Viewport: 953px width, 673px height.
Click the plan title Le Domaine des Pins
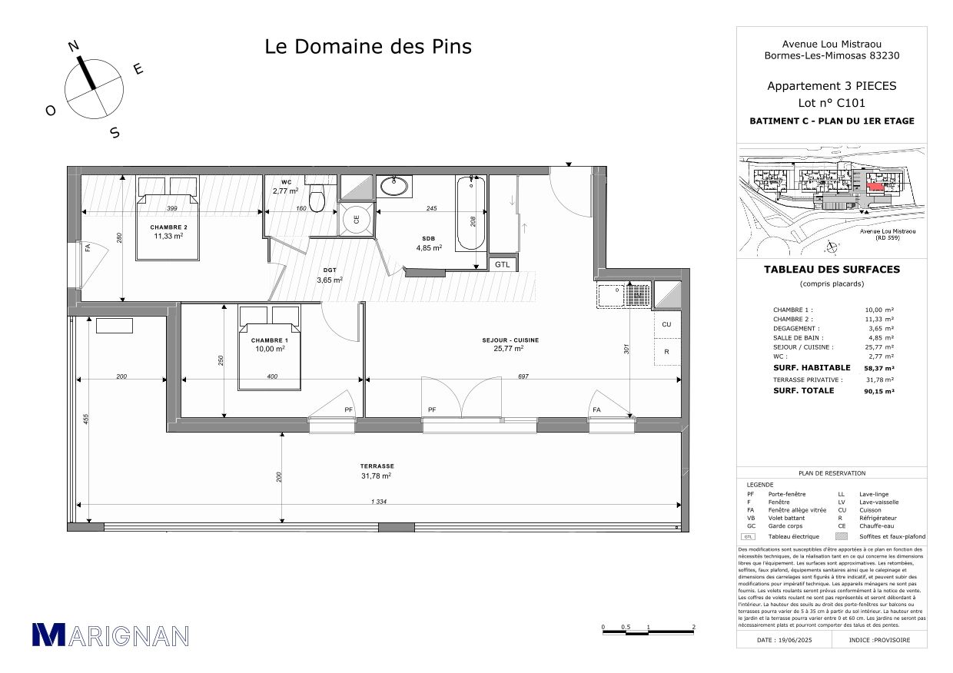pyautogui.click(x=368, y=47)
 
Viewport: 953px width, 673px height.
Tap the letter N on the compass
pyautogui.click(x=74, y=46)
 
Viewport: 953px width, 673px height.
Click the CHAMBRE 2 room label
pyautogui.click(x=169, y=227)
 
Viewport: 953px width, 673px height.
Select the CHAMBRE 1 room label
pyautogui.click(x=269, y=340)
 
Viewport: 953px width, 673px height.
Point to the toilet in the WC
pyautogui.click(x=317, y=197)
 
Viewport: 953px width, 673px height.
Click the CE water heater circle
pyautogui.click(x=356, y=218)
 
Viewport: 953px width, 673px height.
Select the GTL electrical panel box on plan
pyautogui.click(x=503, y=264)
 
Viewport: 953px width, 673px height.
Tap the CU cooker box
pyautogui.click(x=666, y=324)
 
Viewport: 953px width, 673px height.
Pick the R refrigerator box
pyautogui.click(x=666, y=352)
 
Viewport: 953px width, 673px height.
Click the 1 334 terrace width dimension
pyautogui.click(x=379, y=502)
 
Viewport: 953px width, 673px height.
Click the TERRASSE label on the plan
pyautogui.click(x=377, y=466)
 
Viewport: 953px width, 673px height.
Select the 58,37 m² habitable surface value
pyautogui.click(x=878, y=368)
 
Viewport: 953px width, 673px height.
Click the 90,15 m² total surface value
pyautogui.click(x=878, y=391)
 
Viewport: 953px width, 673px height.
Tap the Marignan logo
pyautogui.click(x=110, y=635)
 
